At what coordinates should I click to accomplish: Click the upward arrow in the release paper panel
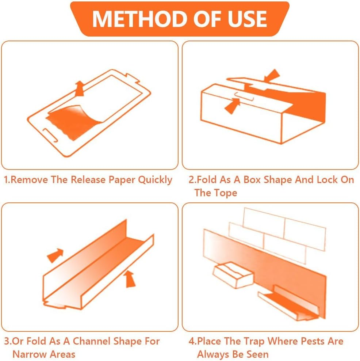pyautogui.click(x=79, y=89)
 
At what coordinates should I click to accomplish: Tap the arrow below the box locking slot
pyautogui.click(x=232, y=106)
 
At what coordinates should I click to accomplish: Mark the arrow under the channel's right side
pyautogui.click(x=130, y=279)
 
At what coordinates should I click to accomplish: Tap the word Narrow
pyautogui.click(x=28, y=354)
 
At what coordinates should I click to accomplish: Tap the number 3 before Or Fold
pyautogui.click(x=7, y=341)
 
